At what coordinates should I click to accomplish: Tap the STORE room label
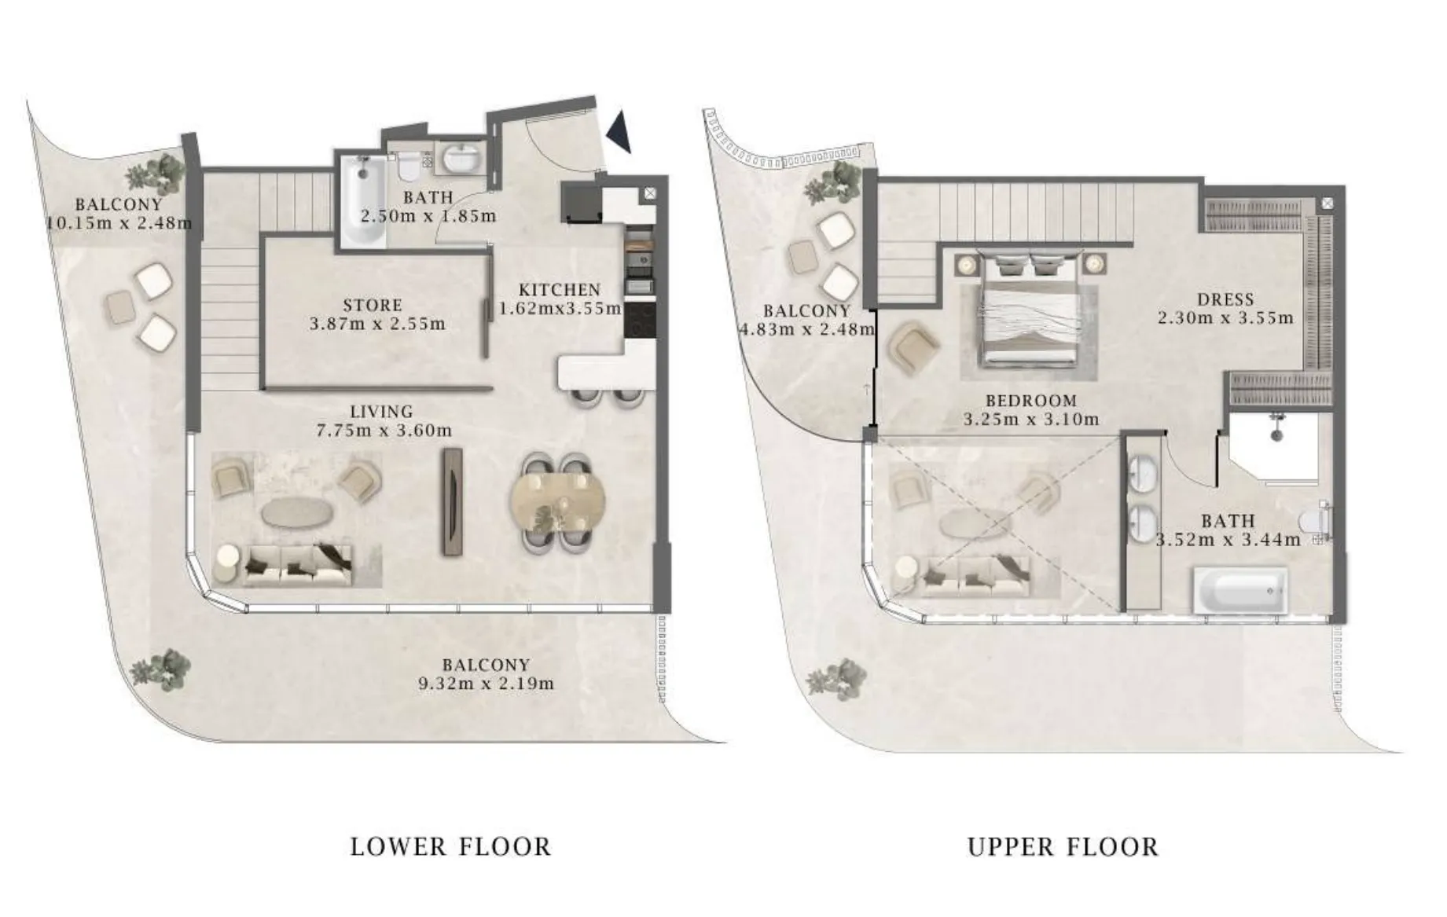pyautogui.click(x=373, y=305)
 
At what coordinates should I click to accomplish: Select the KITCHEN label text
pyautogui.click(x=560, y=290)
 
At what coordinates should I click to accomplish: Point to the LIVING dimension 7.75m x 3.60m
pyautogui.click(x=384, y=431)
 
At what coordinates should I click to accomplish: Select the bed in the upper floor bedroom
pyautogui.click(x=1028, y=310)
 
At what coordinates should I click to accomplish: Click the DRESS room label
pyautogui.click(x=1225, y=299)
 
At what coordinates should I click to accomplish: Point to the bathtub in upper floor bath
pyautogui.click(x=1240, y=591)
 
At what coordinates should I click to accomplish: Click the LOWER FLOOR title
pyautogui.click(x=450, y=847)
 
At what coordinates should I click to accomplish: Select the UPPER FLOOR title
pyautogui.click(x=1063, y=847)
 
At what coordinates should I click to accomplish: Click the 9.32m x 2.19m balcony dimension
pyautogui.click(x=487, y=684)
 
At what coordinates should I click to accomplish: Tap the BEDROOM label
pyautogui.click(x=1031, y=401)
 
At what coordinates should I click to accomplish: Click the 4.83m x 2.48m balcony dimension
pyautogui.click(x=807, y=329)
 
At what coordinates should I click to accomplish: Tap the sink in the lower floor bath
pyautogui.click(x=461, y=158)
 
